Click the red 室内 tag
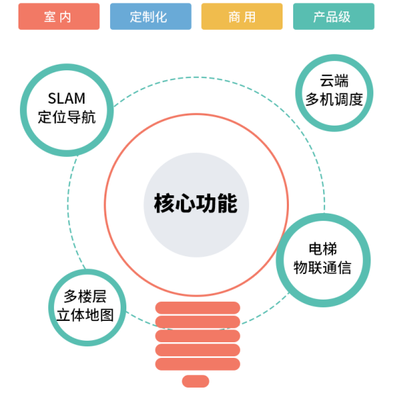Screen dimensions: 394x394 (59, 16)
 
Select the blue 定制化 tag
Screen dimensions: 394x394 (151, 16)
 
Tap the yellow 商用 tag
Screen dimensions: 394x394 (242, 16)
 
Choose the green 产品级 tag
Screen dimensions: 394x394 (334, 16)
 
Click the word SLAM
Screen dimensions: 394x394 (67, 98)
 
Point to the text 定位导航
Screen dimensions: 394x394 (67, 117)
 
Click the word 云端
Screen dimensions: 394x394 (334, 81)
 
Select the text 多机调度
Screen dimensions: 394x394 (334, 99)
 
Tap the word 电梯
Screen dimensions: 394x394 (323, 249)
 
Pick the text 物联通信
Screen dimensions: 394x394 (322, 268)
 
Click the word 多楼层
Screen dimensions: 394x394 (85, 297)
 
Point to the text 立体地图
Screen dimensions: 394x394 (85, 315)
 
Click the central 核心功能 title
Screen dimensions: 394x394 (196, 203)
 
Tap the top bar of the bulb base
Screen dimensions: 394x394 (198, 307)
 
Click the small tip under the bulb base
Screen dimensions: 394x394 (196, 381)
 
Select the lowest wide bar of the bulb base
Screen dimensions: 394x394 (198, 364)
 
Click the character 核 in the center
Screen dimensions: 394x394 (164, 203)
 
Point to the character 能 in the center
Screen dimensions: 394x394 (227, 203)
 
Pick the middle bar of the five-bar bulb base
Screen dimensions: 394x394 (198, 336)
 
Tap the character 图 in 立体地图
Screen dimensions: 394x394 (107, 315)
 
